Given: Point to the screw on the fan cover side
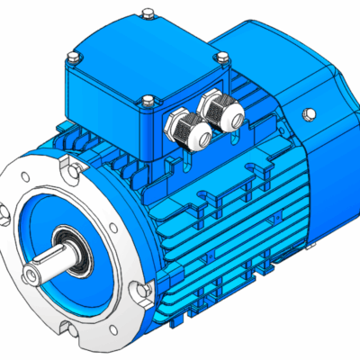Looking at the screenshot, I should point(308,114).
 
